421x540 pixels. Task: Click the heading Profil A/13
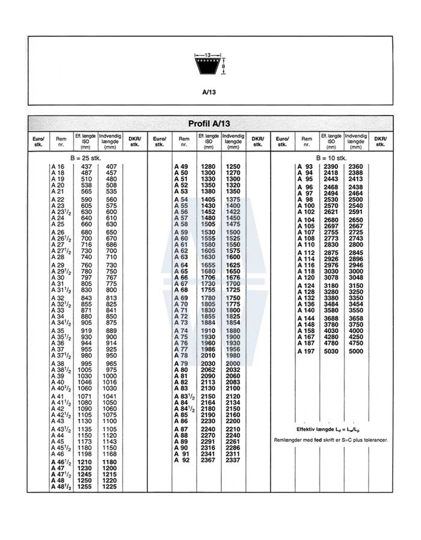tap(209, 123)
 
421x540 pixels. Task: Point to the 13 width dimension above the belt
tap(207, 55)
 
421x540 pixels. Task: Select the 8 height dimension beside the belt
tap(224, 66)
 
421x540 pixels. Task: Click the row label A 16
tap(58, 167)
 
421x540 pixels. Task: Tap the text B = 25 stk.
tap(87, 158)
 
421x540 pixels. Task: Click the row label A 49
tap(181, 167)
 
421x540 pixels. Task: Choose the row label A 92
tap(181, 461)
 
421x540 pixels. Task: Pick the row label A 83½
tap(183, 397)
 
